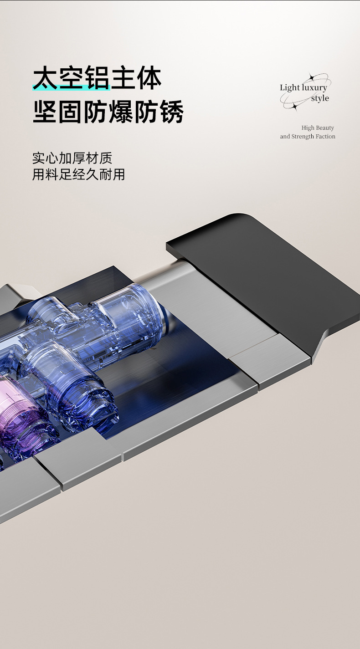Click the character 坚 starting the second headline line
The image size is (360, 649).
point(45,112)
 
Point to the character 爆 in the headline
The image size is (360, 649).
point(121,112)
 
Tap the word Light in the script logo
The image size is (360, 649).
point(289,88)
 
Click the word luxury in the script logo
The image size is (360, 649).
point(314,87)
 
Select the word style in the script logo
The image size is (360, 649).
point(320,98)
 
